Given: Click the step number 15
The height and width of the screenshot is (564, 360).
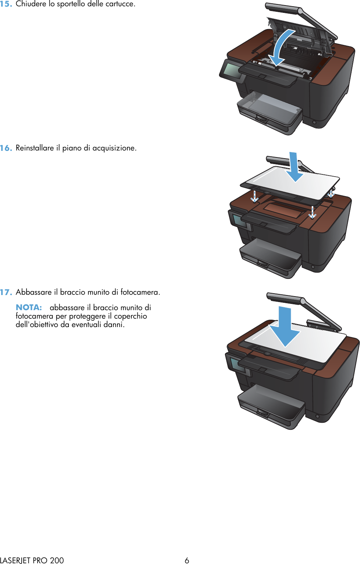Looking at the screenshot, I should [x=6, y=4].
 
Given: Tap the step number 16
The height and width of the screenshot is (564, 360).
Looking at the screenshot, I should [x=6, y=148].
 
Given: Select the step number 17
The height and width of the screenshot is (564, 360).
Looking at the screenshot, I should [x=6, y=292].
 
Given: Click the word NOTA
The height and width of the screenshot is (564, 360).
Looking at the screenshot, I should [x=29, y=308].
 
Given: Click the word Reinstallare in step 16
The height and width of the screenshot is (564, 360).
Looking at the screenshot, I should [x=35, y=148].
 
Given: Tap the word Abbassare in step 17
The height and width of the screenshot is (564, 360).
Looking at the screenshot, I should [x=33, y=292].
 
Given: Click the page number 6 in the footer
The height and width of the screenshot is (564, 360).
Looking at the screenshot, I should [x=187, y=560].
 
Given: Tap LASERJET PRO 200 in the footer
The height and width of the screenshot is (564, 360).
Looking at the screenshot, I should [x=32, y=560].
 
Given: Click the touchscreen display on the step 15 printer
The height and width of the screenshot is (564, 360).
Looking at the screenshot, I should [x=232, y=70].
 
